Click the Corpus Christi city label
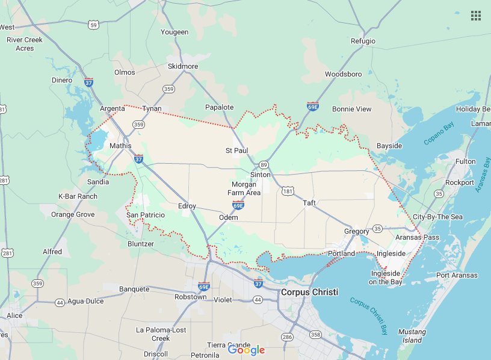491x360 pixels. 309,292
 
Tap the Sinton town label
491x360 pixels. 261,175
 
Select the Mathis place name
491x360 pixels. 120,146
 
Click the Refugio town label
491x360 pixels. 363,41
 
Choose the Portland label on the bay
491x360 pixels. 342,253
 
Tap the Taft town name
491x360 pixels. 309,202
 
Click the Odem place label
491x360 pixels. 229,217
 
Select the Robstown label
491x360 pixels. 190,297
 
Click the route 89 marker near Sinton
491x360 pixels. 264,164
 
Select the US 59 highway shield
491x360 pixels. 93,25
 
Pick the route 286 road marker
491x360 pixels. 287,337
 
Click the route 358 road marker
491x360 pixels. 316,334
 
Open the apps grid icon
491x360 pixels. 475,16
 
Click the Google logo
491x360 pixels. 246,350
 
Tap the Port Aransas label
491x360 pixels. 457,275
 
